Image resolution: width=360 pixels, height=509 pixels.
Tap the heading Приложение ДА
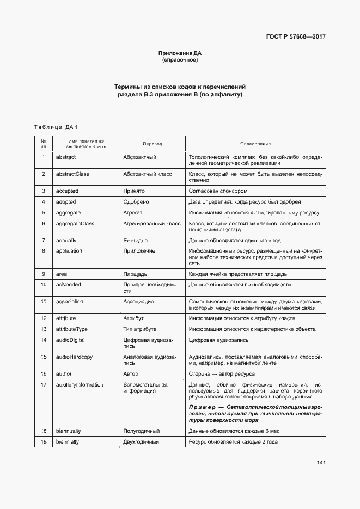point(180,53)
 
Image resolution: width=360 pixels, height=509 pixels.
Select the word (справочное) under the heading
point(180,60)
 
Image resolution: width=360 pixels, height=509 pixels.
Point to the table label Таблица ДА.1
point(56,127)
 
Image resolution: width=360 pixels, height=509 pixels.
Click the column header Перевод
point(152,144)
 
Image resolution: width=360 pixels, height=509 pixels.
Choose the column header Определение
point(255,144)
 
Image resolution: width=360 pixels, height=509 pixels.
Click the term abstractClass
point(72,174)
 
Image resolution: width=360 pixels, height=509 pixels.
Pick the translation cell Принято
point(134,191)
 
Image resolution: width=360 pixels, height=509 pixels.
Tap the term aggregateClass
point(75,223)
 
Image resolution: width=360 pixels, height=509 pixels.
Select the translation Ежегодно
point(136,240)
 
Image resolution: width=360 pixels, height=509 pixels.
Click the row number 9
point(43,274)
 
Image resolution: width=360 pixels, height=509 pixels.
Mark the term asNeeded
point(69,284)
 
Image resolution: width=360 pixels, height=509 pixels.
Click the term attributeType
point(72,329)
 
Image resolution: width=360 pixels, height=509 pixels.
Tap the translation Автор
point(131,374)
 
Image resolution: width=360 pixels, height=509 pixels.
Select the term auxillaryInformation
point(80,384)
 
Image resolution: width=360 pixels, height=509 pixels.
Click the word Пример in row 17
point(203,407)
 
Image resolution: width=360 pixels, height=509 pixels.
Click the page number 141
point(321,463)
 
